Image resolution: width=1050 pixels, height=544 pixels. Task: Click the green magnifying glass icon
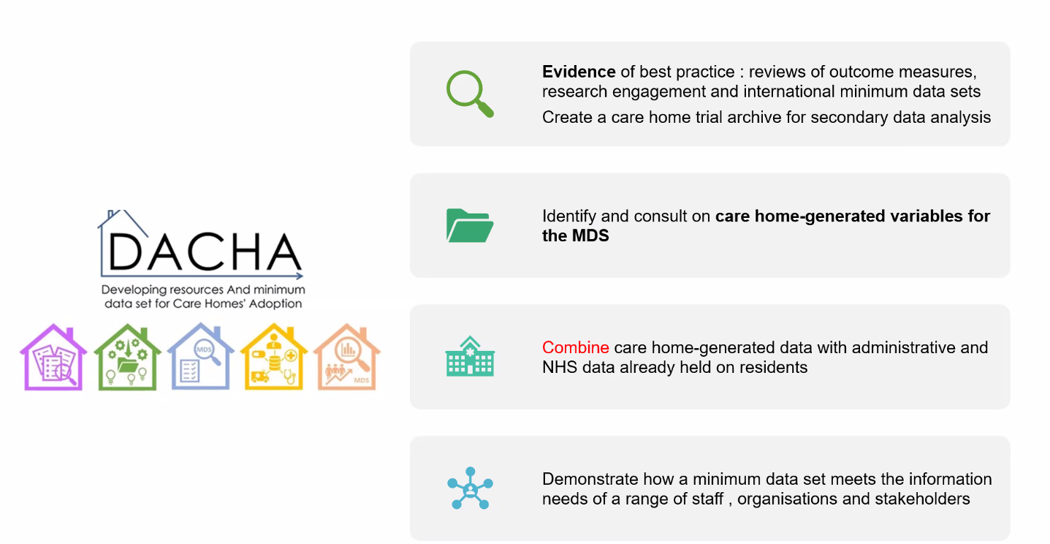pyautogui.click(x=469, y=93)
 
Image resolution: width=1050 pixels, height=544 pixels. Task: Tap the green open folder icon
pyautogui.click(x=470, y=226)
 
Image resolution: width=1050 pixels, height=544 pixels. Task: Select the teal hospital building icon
pyautogui.click(x=470, y=356)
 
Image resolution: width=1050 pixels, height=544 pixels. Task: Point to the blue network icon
pyautogui.click(x=470, y=488)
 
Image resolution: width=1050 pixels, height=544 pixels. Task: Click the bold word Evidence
pyautogui.click(x=579, y=72)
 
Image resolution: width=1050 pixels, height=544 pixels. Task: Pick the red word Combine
pyautogui.click(x=575, y=347)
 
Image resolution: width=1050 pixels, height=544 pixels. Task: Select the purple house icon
pyautogui.click(x=53, y=357)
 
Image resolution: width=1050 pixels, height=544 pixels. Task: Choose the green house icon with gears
pyautogui.click(x=127, y=357)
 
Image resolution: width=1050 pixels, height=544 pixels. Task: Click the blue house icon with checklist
pyautogui.click(x=201, y=356)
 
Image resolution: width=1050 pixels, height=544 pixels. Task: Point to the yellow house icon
pyautogui.click(x=274, y=356)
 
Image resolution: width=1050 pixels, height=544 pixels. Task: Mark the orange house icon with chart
pyautogui.click(x=347, y=356)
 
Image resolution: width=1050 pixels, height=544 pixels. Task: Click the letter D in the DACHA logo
pyautogui.click(x=125, y=252)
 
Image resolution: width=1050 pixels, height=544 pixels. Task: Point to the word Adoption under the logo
pyautogui.click(x=275, y=304)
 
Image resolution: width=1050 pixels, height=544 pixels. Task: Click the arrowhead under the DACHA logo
pyautogui.click(x=299, y=276)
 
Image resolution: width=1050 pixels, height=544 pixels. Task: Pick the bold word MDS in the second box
pyautogui.click(x=590, y=235)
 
